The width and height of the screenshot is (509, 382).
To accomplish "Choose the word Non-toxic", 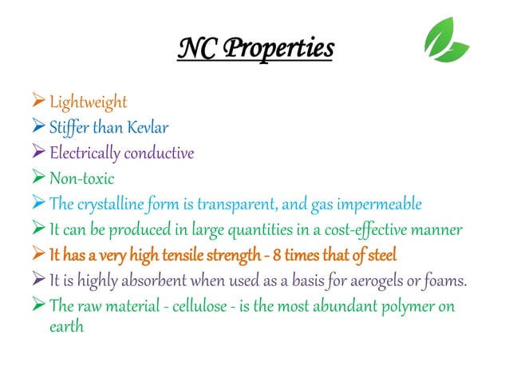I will pos(82,179).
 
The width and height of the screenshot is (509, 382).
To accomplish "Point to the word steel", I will pos(380,256).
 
